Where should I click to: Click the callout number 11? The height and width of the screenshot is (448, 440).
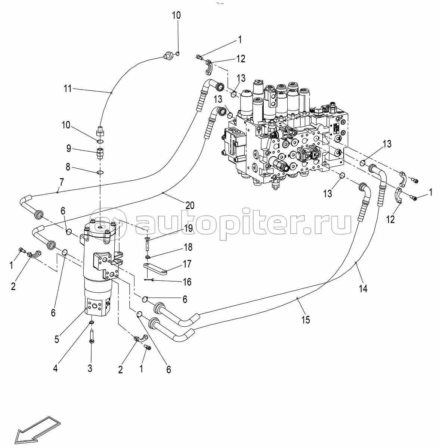[x=68, y=88]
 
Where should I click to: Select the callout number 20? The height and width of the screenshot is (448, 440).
[x=190, y=205]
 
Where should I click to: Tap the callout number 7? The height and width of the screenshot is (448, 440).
[x=61, y=182]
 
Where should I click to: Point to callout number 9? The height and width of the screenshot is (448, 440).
[x=69, y=148]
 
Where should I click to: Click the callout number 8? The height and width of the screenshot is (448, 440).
[x=68, y=167]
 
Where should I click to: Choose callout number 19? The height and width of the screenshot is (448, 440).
[x=189, y=228]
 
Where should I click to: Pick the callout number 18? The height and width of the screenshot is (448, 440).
[x=188, y=247]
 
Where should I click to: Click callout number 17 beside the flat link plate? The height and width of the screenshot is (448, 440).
[x=187, y=264]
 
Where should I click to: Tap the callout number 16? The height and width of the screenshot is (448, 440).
[x=187, y=282]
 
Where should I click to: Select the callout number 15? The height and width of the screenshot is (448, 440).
[x=306, y=320]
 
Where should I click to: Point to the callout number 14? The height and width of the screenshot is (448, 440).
[x=363, y=289]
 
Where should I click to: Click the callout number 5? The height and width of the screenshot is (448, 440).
[x=57, y=339]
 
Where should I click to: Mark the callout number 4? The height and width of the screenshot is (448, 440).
[x=55, y=369]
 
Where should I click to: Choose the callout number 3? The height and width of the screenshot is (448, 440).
[x=90, y=368]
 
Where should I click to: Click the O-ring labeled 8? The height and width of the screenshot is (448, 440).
[x=100, y=172]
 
